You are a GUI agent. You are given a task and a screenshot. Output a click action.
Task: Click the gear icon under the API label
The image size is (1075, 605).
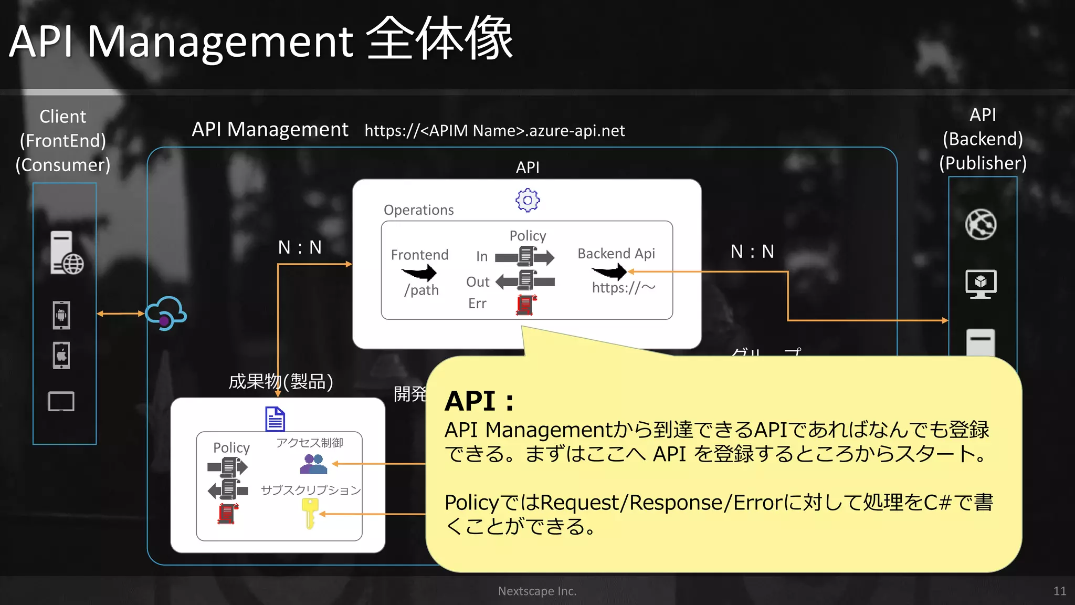(528, 200)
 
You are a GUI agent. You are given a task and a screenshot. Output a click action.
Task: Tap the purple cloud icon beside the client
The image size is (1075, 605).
(166, 314)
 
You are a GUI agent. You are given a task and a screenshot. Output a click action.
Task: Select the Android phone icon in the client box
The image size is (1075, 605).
(61, 315)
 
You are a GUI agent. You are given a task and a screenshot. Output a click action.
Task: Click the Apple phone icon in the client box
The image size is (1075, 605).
(61, 356)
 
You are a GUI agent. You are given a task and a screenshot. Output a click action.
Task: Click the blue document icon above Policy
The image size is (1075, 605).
(275, 419)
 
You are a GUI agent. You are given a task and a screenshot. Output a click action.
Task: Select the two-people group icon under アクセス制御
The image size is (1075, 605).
(313, 464)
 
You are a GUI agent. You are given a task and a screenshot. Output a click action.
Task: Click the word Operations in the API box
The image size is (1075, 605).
(418, 210)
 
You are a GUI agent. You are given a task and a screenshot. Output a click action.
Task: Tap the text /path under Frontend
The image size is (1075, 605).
(421, 290)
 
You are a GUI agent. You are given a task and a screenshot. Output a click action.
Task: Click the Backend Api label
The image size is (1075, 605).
(616, 254)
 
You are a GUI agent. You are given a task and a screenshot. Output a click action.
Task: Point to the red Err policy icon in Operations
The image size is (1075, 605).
(526, 305)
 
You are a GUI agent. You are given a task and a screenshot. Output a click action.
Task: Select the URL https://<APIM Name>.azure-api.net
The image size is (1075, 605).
(494, 130)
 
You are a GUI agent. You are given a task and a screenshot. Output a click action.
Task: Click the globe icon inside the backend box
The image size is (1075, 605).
(981, 225)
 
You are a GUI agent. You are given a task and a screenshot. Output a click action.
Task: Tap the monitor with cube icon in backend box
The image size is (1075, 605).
(981, 284)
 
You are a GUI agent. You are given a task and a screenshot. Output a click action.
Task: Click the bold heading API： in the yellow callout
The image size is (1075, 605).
(479, 401)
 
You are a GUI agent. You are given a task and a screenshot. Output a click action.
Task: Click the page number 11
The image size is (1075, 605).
(1059, 591)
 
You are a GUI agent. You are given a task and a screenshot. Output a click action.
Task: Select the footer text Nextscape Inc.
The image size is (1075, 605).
(537, 591)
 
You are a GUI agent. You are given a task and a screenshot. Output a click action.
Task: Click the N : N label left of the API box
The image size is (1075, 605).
(300, 247)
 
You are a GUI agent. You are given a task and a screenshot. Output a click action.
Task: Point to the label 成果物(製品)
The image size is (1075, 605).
(281, 382)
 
